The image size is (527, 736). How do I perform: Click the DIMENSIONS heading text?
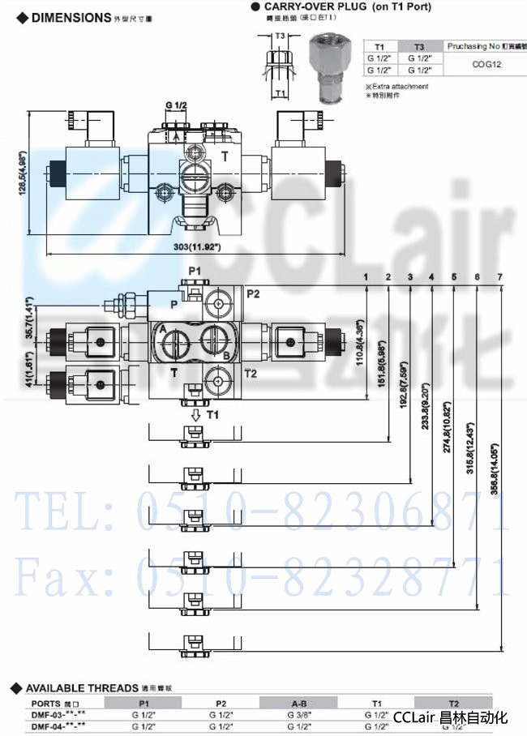69,16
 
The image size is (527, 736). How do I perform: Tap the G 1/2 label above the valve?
176,106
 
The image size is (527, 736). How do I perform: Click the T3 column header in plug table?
418,46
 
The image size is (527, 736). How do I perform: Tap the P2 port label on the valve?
253,293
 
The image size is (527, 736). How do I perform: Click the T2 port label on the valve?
251,374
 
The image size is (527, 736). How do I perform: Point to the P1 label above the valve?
195,269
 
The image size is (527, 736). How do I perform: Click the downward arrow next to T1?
195,415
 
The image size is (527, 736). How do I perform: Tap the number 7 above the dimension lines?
499,277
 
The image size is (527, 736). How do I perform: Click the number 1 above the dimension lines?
366,277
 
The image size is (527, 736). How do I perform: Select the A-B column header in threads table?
298,704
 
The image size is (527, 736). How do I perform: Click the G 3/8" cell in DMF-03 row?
298,715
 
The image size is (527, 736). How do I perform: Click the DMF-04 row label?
57,726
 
